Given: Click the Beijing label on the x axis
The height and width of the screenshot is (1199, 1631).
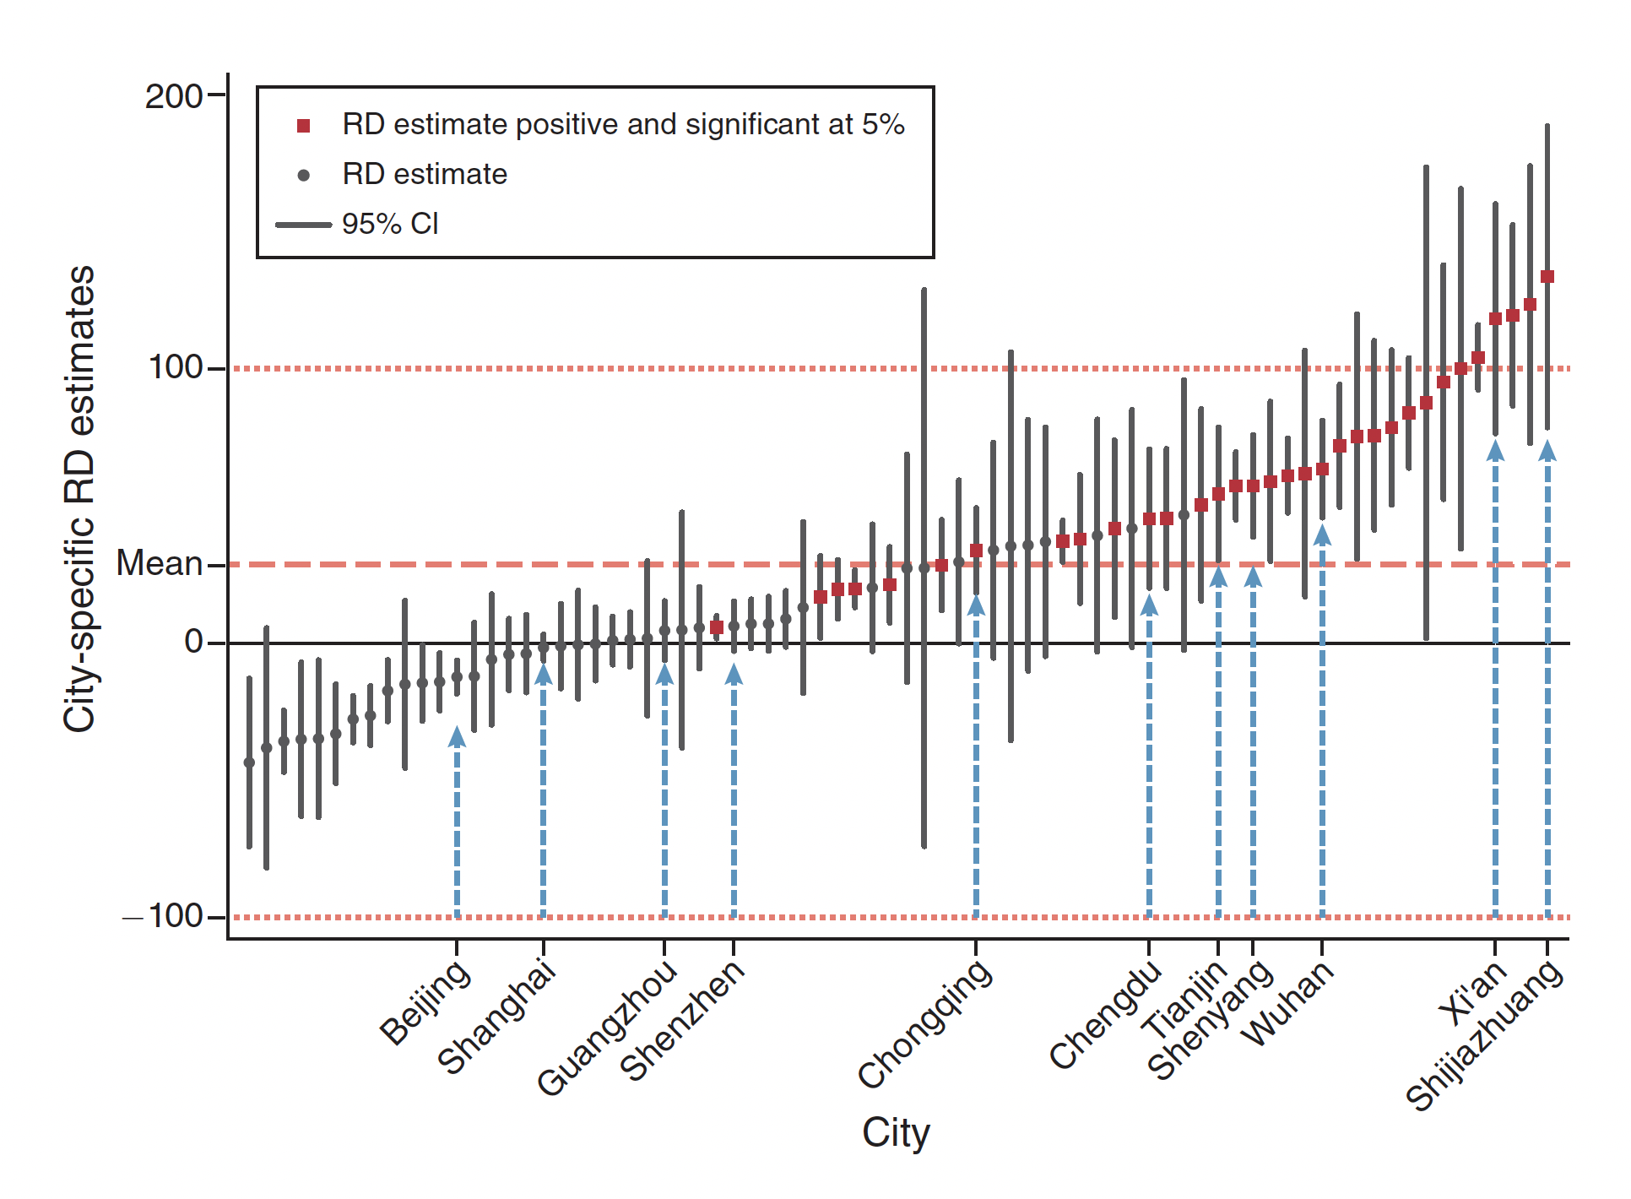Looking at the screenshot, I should click(x=425, y=1002).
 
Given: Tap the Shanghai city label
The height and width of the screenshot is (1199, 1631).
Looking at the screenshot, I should click(x=496, y=1017).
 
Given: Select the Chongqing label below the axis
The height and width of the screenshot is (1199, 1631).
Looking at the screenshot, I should click(x=924, y=1023).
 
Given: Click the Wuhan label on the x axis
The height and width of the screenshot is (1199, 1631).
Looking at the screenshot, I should click(x=1287, y=1005).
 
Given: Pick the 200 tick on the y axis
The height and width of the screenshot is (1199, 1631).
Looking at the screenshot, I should click(x=173, y=96).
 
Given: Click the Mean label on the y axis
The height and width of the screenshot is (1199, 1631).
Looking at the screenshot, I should click(x=159, y=563).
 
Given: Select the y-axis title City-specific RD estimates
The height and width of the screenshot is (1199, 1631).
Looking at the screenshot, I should click(x=80, y=498).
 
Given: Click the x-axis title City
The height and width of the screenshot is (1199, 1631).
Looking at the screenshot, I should click(x=895, y=1133).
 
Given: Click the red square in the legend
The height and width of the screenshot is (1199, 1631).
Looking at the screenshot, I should click(x=304, y=126).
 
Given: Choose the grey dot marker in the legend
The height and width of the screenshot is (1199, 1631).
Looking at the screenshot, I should click(x=304, y=176).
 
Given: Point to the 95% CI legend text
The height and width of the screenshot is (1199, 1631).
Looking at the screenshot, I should click(x=390, y=224).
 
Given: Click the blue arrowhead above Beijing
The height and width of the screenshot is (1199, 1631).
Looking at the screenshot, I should click(x=457, y=737).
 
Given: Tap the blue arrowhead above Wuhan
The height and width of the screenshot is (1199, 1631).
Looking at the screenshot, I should click(x=1322, y=535).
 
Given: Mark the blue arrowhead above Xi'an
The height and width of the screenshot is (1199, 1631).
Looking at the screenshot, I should click(x=1495, y=451).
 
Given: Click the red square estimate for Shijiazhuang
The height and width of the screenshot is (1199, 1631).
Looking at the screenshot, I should click(x=1547, y=277).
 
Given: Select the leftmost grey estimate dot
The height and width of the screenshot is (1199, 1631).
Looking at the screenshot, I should click(x=249, y=762).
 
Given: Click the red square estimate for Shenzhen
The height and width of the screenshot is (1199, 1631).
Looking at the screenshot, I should click(x=717, y=627).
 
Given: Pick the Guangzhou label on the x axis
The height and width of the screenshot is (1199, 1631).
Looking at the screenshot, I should click(x=606, y=1028).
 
